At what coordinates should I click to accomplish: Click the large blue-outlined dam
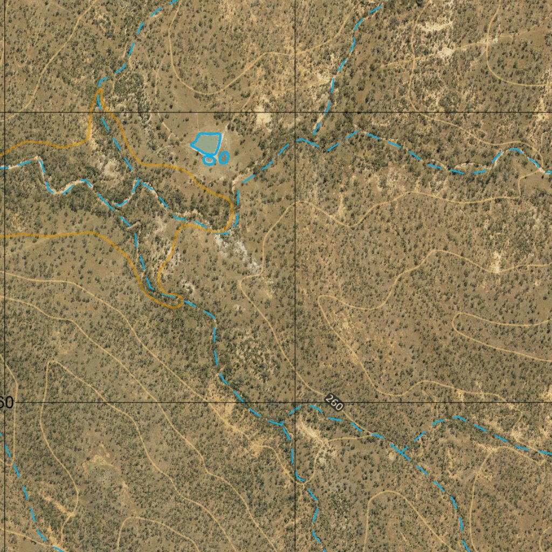click(x=206, y=142)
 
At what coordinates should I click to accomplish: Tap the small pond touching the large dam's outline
click(x=209, y=159)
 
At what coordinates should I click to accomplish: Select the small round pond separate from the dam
click(x=224, y=157)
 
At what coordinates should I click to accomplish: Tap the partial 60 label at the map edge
click(x=6, y=402)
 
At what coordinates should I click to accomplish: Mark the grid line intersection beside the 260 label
click(x=295, y=402)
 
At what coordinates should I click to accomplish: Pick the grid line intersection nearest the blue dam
click(x=295, y=112)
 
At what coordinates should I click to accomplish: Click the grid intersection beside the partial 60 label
click(x=5, y=402)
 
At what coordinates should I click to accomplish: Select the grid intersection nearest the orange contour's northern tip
click(x=5, y=112)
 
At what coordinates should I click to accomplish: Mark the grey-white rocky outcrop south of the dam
click(x=237, y=251)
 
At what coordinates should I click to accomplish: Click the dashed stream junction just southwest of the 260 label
click(x=281, y=424)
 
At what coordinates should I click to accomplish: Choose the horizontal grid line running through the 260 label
click(x=431, y=402)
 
